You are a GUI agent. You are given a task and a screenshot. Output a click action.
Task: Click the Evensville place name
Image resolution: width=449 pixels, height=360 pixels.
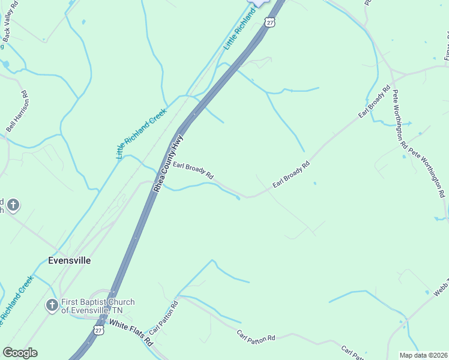click(x=70, y=260)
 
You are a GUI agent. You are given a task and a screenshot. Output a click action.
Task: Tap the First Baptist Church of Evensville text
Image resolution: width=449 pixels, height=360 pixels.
click(x=98, y=306)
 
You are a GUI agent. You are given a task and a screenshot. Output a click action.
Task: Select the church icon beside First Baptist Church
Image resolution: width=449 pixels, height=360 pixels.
click(x=52, y=306)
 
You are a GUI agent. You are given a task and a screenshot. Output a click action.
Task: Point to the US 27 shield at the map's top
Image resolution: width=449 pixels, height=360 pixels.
click(x=269, y=22)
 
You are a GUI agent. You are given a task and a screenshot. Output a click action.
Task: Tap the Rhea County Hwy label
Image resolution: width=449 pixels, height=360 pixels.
click(x=168, y=163)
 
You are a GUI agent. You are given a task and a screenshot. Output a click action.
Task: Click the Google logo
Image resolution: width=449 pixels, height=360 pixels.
click(x=20, y=353)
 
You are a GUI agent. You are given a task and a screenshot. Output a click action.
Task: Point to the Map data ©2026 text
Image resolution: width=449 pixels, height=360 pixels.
click(x=423, y=355)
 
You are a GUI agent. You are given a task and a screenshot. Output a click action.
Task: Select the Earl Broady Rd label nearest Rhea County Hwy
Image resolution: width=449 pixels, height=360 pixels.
click(x=194, y=172)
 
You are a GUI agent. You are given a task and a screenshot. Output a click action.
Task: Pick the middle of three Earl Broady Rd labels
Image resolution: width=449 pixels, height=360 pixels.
click(x=291, y=175)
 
